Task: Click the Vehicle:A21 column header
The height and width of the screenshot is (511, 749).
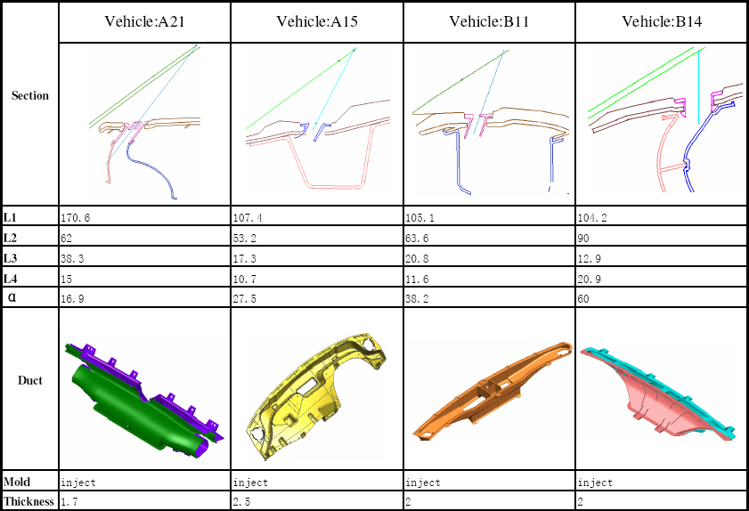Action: click(x=144, y=21)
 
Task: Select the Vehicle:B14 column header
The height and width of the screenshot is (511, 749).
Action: click(x=662, y=21)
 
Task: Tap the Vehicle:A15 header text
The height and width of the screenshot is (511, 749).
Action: click(x=317, y=21)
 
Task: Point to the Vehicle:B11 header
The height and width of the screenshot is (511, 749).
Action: click(x=489, y=21)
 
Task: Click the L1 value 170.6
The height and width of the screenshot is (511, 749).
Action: click(x=75, y=218)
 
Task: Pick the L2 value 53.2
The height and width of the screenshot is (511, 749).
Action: click(x=245, y=239)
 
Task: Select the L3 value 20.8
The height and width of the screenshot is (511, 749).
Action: click(x=417, y=259)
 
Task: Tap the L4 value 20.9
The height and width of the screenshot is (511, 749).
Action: click(x=589, y=279)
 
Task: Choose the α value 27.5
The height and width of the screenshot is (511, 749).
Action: click(x=245, y=299)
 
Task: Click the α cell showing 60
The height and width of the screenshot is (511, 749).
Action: click(x=583, y=299)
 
